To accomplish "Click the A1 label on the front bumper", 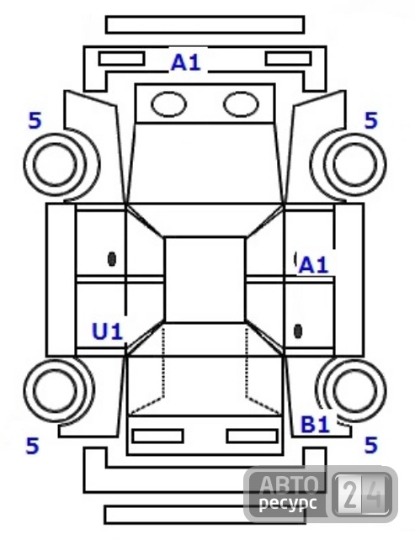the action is [x=186, y=63].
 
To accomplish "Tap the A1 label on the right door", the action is [x=313, y=266].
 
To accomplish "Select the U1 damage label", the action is [x=108, y=331].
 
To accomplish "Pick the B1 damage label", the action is [x=316, y=424].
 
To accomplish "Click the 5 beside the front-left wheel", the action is [x=35, y=120].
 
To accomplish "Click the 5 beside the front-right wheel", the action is [x=371, y=120].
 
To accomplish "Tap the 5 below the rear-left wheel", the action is [x=32, y=445].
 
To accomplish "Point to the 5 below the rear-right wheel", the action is [x=371, y=445].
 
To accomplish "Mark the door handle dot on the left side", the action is [x=112, y=258].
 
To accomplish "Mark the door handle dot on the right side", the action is [x=298, y=331].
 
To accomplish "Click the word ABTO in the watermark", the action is [x=288, y=484].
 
